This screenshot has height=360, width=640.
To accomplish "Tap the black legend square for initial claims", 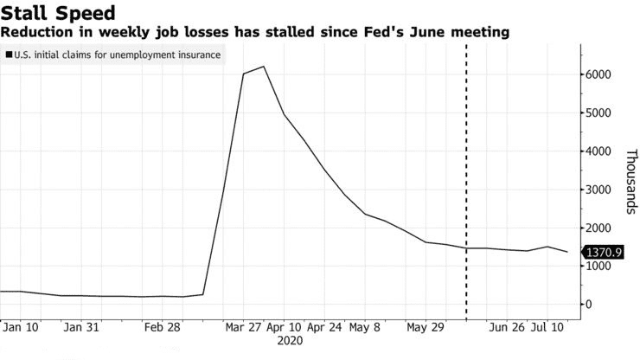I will click(x=9, y=55).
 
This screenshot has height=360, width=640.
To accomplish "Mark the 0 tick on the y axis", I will click(x=591, y=305).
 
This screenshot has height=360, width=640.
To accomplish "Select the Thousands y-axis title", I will click(x=630, y=181).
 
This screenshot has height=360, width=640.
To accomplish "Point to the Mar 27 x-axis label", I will click(x=244, y=328).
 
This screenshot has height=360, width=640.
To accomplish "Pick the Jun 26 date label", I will click(x=507, y=328).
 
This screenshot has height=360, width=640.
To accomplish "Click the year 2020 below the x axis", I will click(x=291, y=342).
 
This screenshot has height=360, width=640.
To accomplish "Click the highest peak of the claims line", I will click(x=263, y=67).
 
